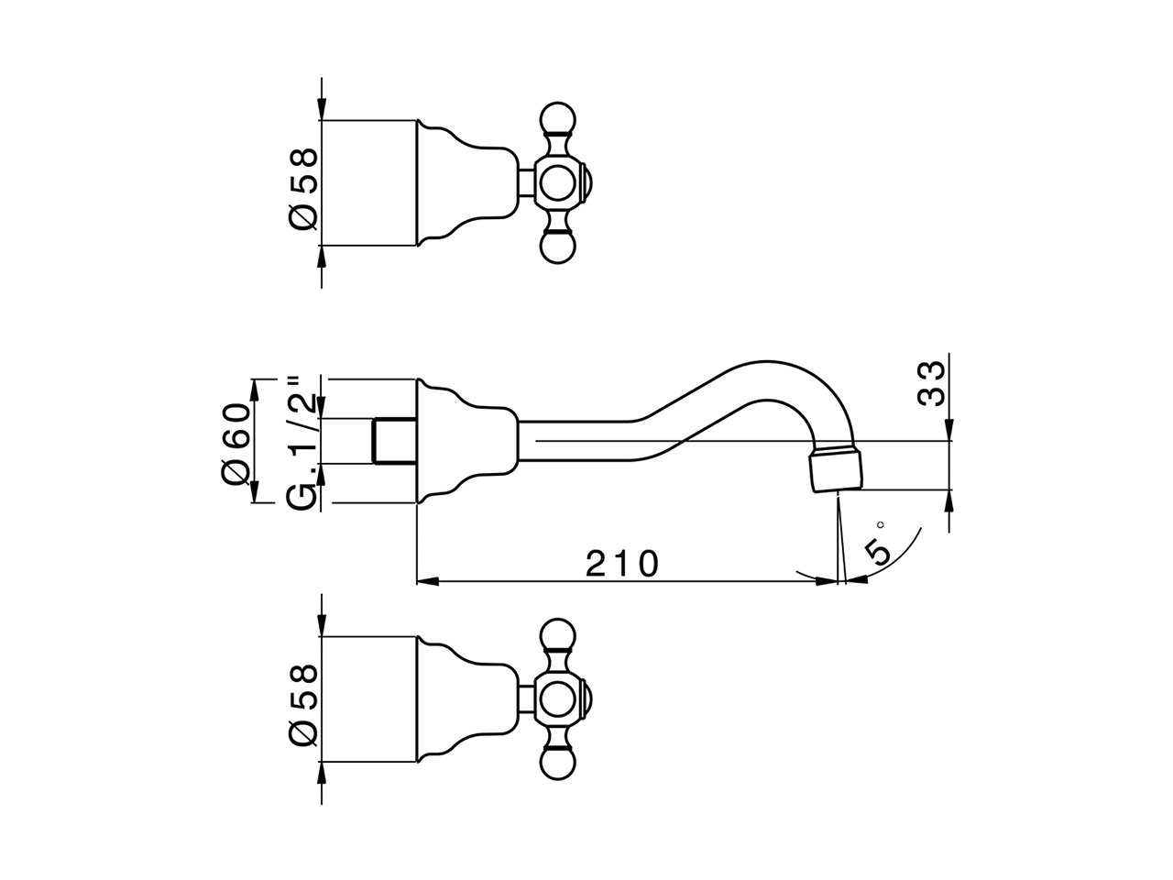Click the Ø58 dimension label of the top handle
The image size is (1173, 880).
(304, 183)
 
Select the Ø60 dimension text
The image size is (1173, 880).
(236, 440)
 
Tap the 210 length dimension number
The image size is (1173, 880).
(622, 564)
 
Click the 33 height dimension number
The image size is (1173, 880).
(930, 383)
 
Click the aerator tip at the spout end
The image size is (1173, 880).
(836, 467)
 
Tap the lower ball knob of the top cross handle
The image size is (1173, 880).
(555, 248)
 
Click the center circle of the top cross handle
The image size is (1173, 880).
(555, 183)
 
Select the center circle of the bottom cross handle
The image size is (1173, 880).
(555, 699)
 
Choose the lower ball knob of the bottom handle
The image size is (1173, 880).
(555, 764)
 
